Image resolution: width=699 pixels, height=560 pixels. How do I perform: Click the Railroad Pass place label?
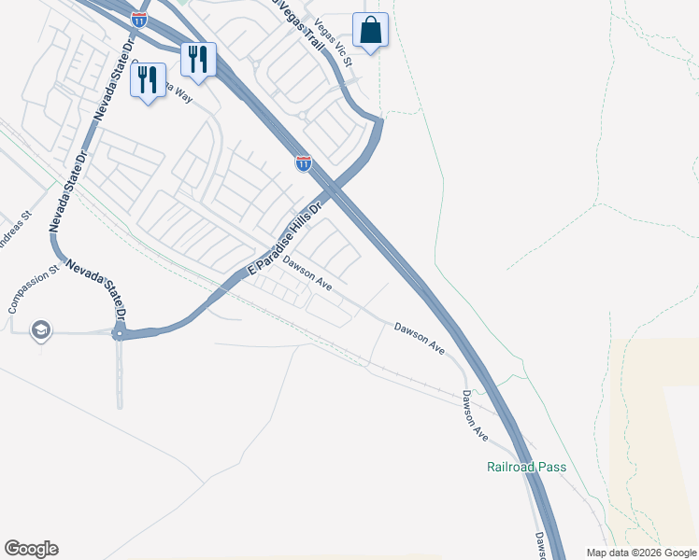(526, 467)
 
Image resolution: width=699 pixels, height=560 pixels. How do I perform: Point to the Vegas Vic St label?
(333, 43)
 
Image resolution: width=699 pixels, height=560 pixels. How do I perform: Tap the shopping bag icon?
(370, 31)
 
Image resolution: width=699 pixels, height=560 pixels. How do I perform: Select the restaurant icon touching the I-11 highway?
(198, 61)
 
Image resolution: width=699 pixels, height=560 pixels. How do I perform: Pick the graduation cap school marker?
(40, 329)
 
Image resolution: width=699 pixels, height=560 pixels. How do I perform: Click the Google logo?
(31, 549)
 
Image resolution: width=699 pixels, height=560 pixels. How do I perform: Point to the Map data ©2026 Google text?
(641, 553)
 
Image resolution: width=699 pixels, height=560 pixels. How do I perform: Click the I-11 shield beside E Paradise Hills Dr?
(303, 163)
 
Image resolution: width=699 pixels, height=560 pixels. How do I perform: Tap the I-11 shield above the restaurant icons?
(139, 19)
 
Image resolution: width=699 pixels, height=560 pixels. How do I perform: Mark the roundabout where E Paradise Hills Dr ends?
(120, 333)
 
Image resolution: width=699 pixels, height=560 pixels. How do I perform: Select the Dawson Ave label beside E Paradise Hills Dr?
(307, 273)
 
